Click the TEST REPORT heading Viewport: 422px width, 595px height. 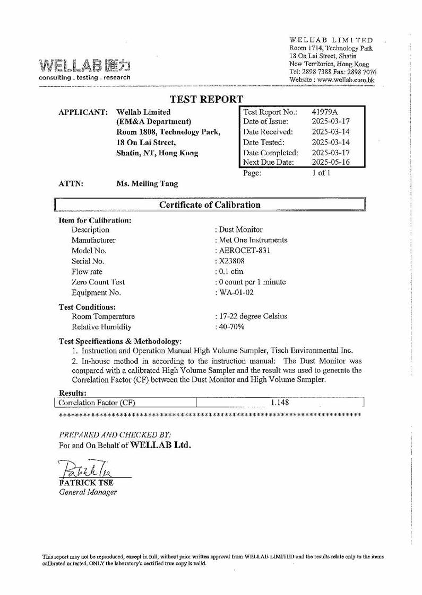pos(206,99)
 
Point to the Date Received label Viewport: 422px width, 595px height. pos(268,132)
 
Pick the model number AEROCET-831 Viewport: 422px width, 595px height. pos(244,250)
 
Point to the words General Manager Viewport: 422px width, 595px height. pos(88,492)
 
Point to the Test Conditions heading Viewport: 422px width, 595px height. pos(87,306)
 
